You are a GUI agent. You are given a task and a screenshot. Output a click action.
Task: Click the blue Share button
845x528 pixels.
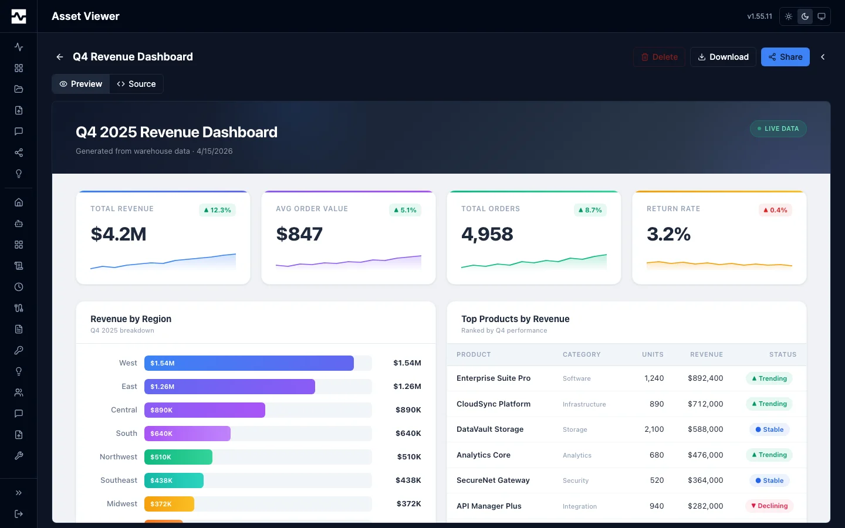point(785,57)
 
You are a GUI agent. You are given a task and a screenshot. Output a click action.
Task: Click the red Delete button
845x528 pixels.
point(659,57)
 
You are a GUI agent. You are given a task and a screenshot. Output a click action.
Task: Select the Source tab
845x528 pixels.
point(136,84)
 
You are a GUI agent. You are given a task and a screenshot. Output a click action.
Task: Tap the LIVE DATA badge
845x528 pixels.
point(778,128)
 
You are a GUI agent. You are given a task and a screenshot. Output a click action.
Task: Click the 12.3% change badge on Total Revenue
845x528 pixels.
point(217,210)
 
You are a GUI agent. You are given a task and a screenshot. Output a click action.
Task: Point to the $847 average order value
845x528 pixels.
point(299,234)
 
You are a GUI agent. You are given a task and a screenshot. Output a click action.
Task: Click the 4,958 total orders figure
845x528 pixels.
point(487,234)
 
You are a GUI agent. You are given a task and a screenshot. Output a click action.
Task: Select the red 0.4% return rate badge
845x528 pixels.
point(775,210)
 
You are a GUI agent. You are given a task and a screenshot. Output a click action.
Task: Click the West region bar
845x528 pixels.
point(249,363)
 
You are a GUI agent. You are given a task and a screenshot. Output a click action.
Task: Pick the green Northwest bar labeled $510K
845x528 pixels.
point(178,457)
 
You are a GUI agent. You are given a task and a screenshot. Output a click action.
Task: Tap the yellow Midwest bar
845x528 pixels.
point(169,504)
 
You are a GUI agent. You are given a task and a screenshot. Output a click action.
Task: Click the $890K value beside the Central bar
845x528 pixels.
point(408,410)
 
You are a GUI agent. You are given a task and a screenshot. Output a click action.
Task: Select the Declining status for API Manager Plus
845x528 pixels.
point(769,506)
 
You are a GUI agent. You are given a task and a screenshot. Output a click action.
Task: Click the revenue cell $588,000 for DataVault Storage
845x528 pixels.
point(705,429)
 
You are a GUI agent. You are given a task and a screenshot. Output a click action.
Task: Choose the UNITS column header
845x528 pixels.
point(653,354)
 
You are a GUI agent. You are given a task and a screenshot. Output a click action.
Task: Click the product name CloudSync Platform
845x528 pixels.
point(494,404)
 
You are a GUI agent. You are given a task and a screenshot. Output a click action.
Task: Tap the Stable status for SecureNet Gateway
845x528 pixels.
point(769,480)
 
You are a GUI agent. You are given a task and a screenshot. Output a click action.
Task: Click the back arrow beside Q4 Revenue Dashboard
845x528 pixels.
point(60,57)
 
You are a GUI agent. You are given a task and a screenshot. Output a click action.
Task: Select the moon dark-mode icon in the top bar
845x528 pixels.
point(805,16)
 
